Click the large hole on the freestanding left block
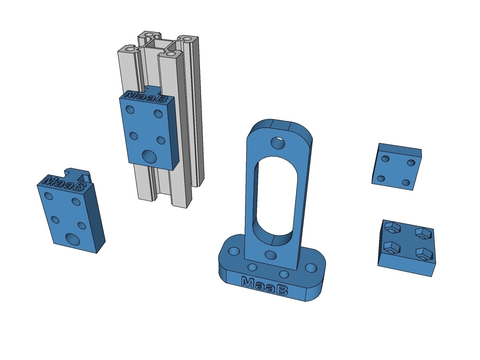pos(73,239)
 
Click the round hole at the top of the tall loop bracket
pos(278,143)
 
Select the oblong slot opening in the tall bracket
pos(275,201)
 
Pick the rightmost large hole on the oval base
pos(311,268)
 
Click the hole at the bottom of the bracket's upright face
pos(271,255)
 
